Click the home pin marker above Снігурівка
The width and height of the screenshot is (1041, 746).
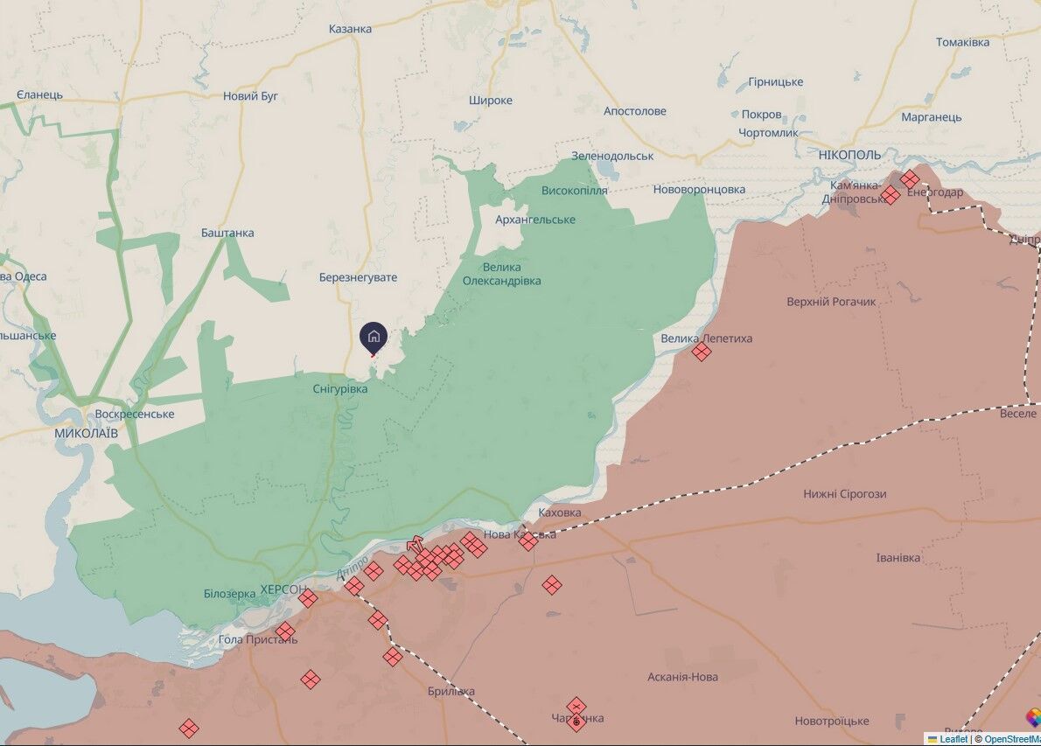(374, 337)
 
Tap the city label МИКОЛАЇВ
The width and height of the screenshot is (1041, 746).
(87, 433)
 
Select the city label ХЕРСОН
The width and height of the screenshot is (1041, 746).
(283, 590)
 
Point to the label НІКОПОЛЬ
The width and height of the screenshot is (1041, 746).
(850, 155)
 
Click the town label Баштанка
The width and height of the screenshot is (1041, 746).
(227, 233)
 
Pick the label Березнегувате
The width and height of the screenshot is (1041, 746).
(358, 277)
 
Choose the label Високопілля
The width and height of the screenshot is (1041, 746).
(574, 191)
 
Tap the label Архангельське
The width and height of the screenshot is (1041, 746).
(535, 220)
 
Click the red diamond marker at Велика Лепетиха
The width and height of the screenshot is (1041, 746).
(701, 352)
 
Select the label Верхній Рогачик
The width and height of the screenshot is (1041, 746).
(831, 302)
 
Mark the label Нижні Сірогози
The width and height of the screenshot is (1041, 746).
(844, 494)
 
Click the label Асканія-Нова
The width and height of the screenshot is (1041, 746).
(682, 677)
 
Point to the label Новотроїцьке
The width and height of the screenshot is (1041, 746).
(831, 722)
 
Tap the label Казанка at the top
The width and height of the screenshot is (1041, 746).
(350, 29)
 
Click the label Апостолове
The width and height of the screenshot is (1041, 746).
(634, 111)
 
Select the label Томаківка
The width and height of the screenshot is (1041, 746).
(962, 42)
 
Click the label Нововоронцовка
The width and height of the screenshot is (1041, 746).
(699, 190)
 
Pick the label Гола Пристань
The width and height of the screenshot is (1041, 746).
(258, 639)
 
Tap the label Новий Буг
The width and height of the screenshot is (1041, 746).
(250, 96)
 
